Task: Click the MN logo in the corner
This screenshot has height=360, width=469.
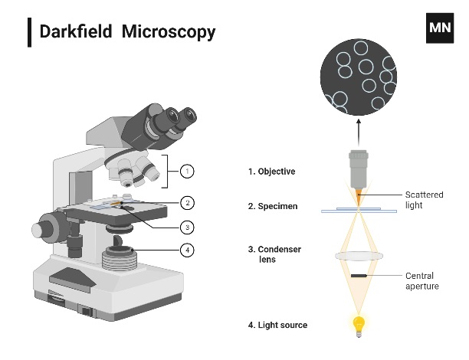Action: [440, 26]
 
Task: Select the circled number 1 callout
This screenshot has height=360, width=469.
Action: [186, 172]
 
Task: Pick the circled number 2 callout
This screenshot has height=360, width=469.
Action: [186, 203]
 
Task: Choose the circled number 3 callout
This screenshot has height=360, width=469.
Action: [186, 227]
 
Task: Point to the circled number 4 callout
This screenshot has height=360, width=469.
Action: [186, 250]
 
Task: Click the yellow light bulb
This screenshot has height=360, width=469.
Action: [357, 325]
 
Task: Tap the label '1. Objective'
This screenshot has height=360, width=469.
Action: [271, 172]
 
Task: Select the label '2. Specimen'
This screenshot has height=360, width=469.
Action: [273, 207]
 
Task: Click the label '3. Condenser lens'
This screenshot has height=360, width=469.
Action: [274, 254]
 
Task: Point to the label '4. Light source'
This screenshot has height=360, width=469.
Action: [277, 325]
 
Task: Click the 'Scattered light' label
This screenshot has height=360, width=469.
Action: [425, 200]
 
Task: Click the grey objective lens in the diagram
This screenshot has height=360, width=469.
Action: [358, 169]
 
